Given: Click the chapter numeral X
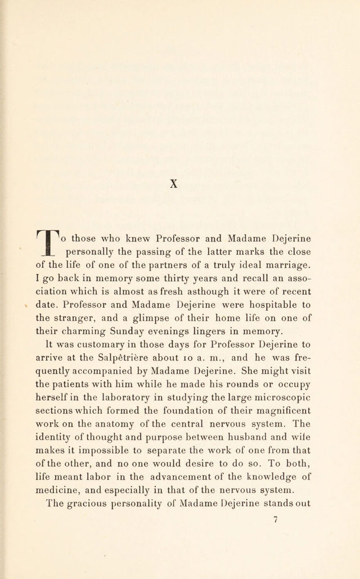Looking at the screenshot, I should click(174, 183).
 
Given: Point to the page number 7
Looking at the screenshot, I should click(276, 520).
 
